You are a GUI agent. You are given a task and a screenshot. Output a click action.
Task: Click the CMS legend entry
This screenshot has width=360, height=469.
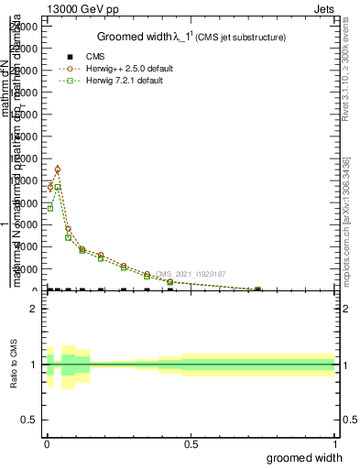click(x=95, y=57)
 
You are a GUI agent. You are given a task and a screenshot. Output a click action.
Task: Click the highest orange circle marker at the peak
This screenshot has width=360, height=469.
click(x=58, y=169)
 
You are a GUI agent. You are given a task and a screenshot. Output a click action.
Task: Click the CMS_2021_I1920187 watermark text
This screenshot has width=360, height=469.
click(x=195, y=274)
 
